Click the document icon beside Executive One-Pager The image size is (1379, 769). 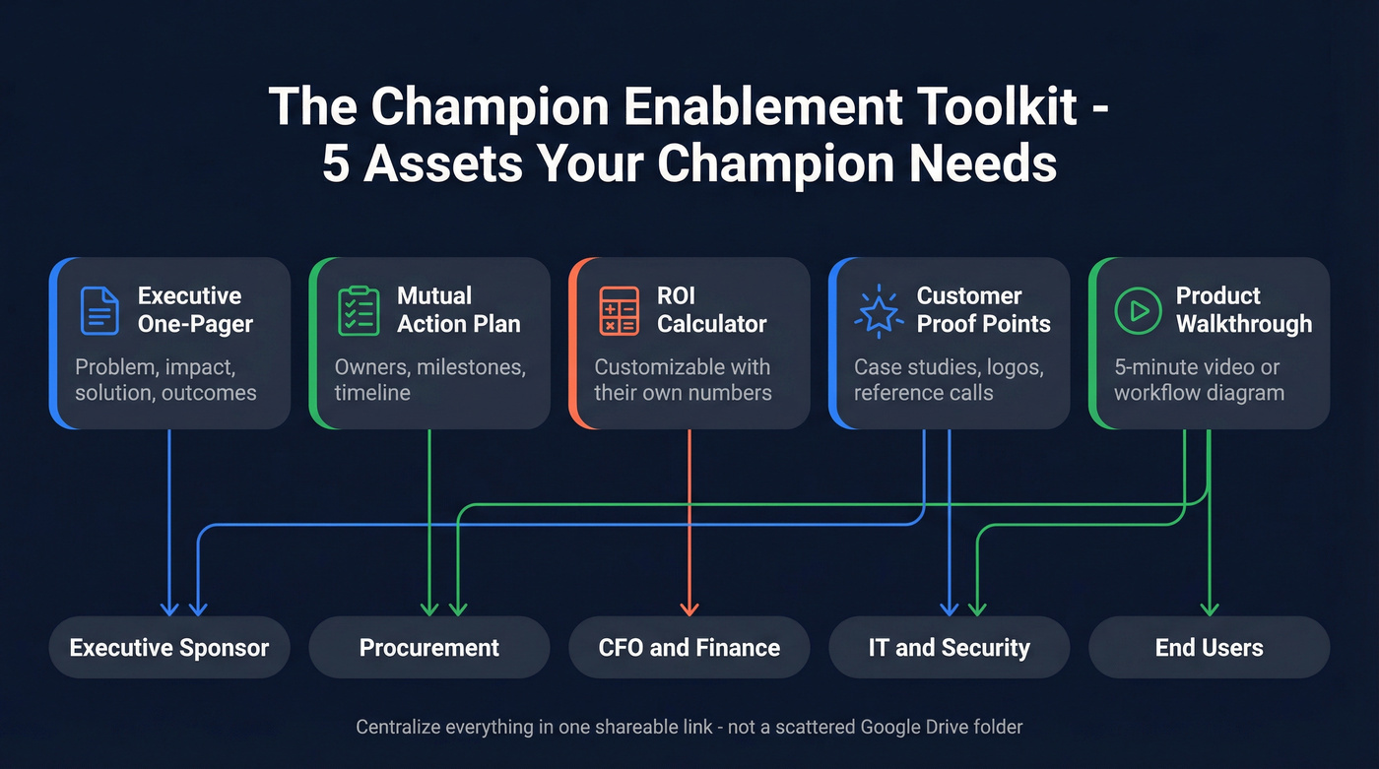[x=98, y=310]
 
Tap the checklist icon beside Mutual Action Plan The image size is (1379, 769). [x=359, y=310]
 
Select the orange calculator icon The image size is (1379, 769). [x=619, y=310]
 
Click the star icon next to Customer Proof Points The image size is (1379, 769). [x=879, y=310]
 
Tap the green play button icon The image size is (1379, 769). [x=1138, y=310]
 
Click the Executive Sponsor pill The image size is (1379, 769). [x=169, y=648]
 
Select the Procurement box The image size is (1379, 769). [x=429, y=648]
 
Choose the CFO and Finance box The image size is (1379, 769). [x=689, y=648]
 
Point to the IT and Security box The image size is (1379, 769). [x=950, y=648]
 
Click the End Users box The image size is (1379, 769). [x=1210, y=648]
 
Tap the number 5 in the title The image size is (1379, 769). [x=336, y=164]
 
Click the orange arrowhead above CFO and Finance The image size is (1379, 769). [x=689, y=608]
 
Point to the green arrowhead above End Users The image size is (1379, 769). [x=1210, y=608]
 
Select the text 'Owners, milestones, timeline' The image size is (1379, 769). [x=430, y=380]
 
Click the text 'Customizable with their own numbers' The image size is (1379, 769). [x=683, y=380]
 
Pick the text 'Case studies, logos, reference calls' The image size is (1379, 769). [x=949, y=380]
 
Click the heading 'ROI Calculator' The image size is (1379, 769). [x=711, y=310]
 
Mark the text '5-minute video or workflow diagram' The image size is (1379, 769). [x=1199, y=380]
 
